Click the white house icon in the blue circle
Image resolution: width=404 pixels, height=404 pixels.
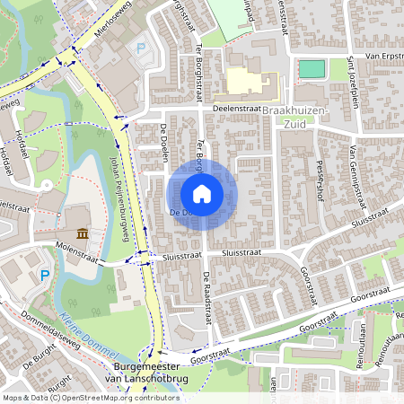202,194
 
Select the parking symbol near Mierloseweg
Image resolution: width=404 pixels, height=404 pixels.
139,48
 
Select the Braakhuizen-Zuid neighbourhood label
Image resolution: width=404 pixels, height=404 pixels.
298,116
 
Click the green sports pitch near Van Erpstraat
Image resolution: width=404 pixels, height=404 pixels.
311,68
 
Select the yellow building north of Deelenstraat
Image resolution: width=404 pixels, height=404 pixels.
251,83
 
